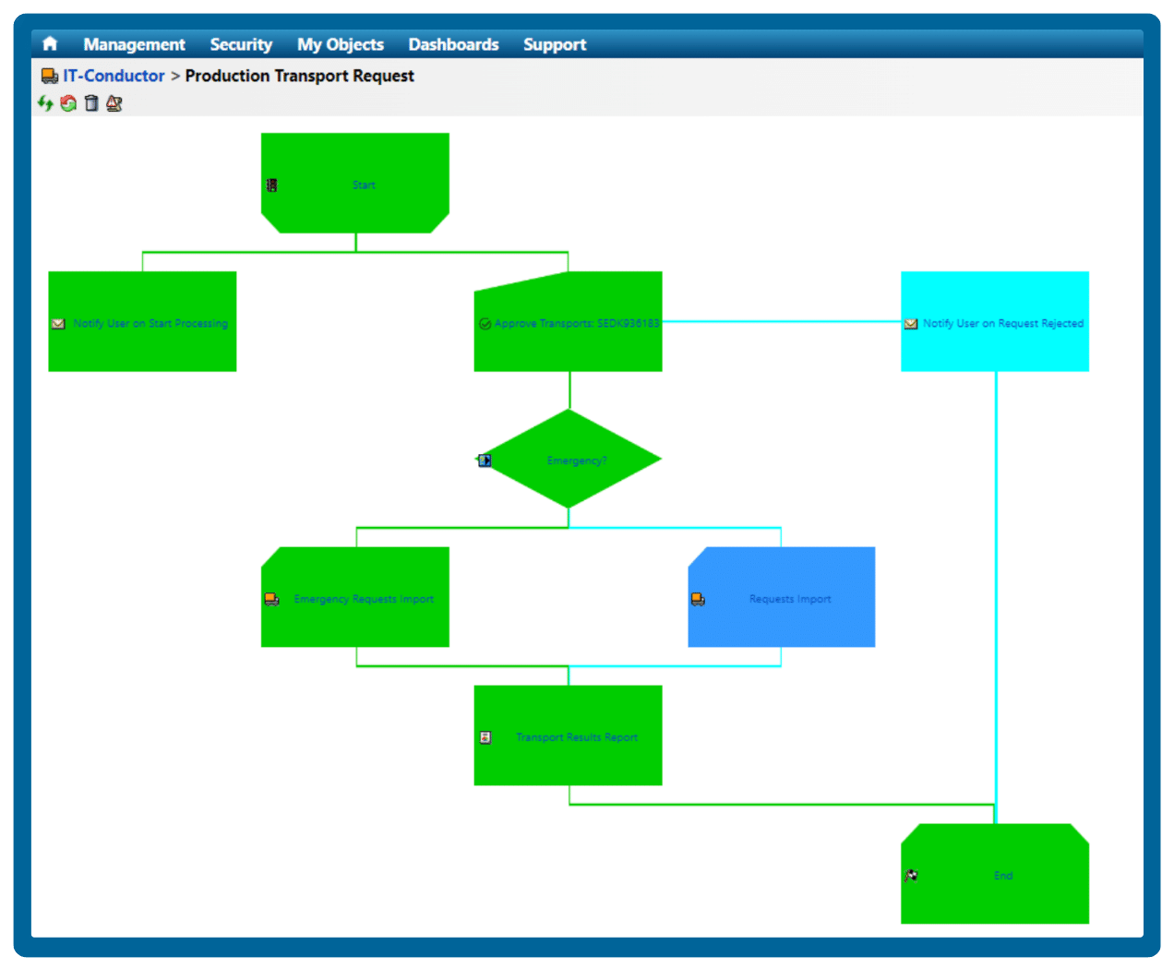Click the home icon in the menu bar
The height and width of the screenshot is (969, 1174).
coord(50,44)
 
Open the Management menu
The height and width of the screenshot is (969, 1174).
coord(134,44)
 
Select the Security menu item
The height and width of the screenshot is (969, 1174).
coord(241,44)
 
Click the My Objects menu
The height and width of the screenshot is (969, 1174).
coord(341,44)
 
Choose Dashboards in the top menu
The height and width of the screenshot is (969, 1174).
coord(453,44)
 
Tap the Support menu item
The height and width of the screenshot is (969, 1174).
coord(555,44)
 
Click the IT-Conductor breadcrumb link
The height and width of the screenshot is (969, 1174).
coord(114,76)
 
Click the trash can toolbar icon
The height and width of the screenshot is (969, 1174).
coord(91,103)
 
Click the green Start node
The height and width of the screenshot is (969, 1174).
coord(355,183)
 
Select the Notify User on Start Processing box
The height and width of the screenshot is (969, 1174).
coord(142,321)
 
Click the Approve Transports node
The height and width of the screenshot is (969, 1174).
coord(569,322)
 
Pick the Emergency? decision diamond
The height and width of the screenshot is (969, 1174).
coord(569,459)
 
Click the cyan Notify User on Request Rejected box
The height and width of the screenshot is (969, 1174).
coord(995,321)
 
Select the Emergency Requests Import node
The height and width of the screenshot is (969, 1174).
coord(355,597)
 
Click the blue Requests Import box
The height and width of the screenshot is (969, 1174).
coord(782,597)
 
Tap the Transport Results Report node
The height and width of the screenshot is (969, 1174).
coord(569,736)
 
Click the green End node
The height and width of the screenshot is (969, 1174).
coord(995,874)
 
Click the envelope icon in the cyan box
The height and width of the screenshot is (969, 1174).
coord(911,324)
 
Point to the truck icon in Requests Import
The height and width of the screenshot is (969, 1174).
coord(698,600)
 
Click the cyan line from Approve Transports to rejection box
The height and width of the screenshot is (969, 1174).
coord(781,322)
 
